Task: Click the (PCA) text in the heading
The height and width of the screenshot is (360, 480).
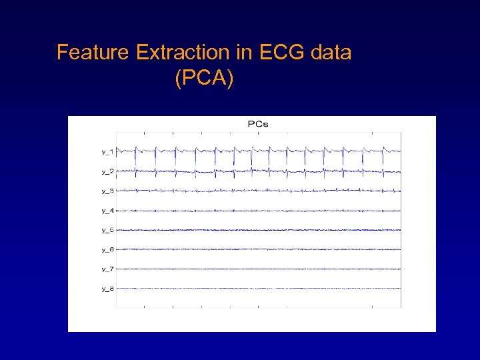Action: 204,79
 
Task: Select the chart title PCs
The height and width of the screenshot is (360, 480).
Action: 258,123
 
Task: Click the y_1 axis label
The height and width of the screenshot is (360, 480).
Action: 107,152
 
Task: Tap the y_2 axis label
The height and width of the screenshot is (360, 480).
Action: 107,171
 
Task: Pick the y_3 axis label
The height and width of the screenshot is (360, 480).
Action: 107,191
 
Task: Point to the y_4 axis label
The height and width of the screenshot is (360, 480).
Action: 107,211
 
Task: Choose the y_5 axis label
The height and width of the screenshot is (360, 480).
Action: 107,230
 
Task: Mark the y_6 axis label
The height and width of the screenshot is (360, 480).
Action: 107,249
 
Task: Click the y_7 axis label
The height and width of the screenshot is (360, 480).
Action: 107,269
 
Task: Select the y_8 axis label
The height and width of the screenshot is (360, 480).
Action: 107,289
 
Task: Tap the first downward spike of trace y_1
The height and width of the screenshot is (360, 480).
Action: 135,159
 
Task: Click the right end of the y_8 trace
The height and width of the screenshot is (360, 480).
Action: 400,289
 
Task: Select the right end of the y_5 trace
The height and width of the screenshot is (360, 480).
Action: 400,230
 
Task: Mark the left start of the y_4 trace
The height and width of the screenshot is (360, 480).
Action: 117,211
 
